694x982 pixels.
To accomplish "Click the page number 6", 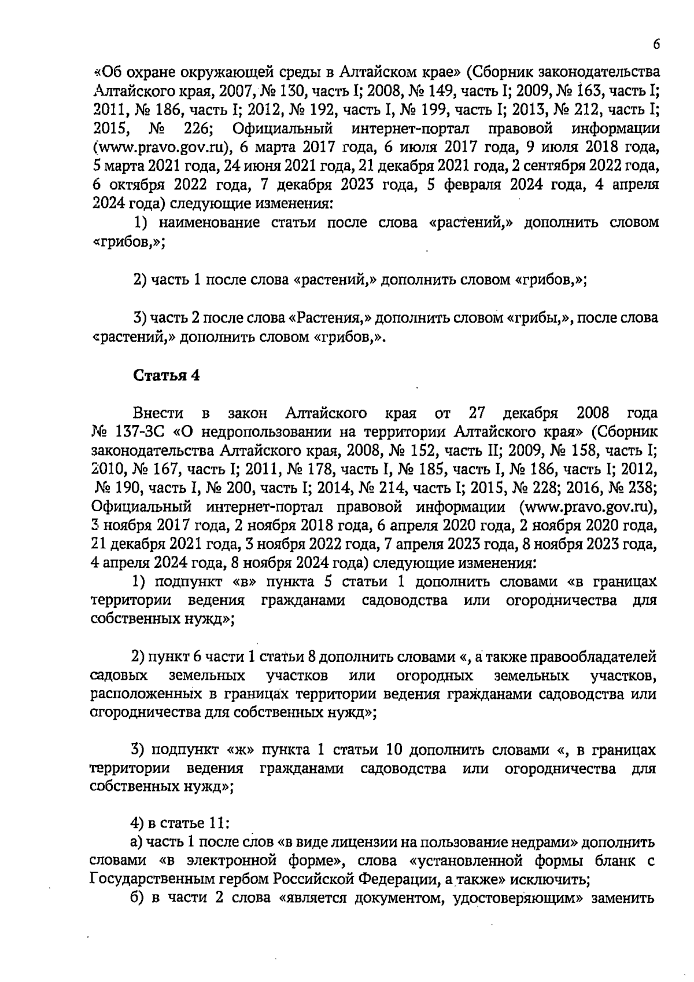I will pos(656,45).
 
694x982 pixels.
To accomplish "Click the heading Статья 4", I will pos(167,375).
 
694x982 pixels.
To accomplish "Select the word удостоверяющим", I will pos(517,898).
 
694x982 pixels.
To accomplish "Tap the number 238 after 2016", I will pos(643,488).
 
